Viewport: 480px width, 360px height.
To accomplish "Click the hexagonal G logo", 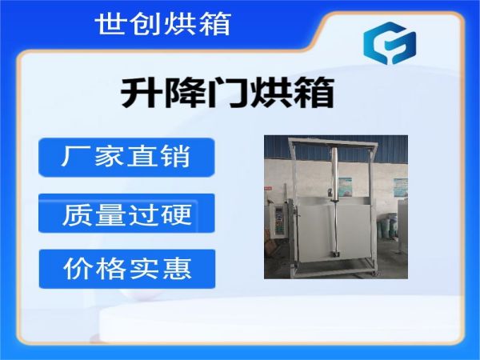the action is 390,43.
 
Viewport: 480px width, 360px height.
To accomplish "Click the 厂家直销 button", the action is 126,158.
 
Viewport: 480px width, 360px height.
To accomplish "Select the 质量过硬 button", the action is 126,213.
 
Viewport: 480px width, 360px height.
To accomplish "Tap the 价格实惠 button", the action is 127,269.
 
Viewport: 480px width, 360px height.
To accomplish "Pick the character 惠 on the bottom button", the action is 178,269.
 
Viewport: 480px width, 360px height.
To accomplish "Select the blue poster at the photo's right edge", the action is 401,187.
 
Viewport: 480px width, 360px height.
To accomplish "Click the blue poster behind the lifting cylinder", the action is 346,186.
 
